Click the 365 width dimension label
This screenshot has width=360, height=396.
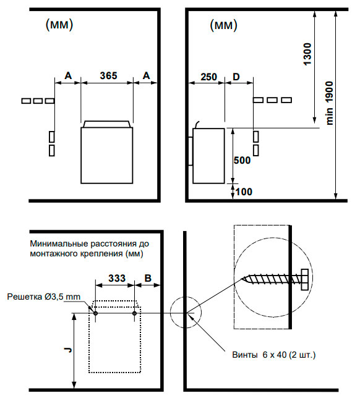(108, 75)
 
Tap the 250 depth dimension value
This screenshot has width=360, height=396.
(208, 77)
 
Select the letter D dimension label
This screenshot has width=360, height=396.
(236, 77)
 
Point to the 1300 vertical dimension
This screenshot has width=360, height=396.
(307, 54)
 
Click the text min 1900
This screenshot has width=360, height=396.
(329, 103)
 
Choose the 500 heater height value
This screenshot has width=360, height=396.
(242, 160)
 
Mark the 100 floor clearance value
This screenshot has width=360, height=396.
(244, 192)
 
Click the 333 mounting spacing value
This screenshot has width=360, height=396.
(117, 278)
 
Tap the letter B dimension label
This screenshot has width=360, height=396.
(148, 278)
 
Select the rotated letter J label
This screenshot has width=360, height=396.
(68, 350)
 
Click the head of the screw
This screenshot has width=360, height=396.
(304, 279)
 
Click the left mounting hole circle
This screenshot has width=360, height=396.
(95, 313)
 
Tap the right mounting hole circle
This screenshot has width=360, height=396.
(134, 313)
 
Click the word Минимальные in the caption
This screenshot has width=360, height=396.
(59, 243)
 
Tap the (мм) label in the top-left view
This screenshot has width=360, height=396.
(59, 25)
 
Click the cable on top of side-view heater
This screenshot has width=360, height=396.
(197, 125)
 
